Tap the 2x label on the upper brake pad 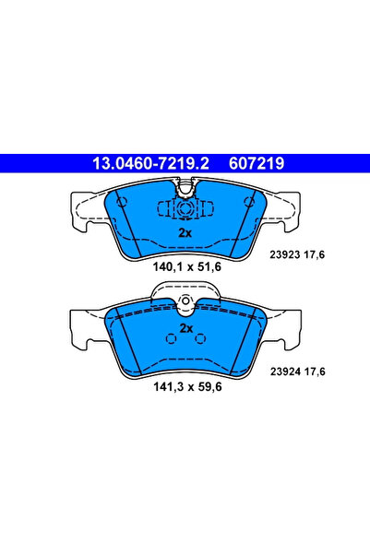click(x=185, y=233)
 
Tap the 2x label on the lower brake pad click(x=185, y=327)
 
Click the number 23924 click(x=289, y=371)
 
